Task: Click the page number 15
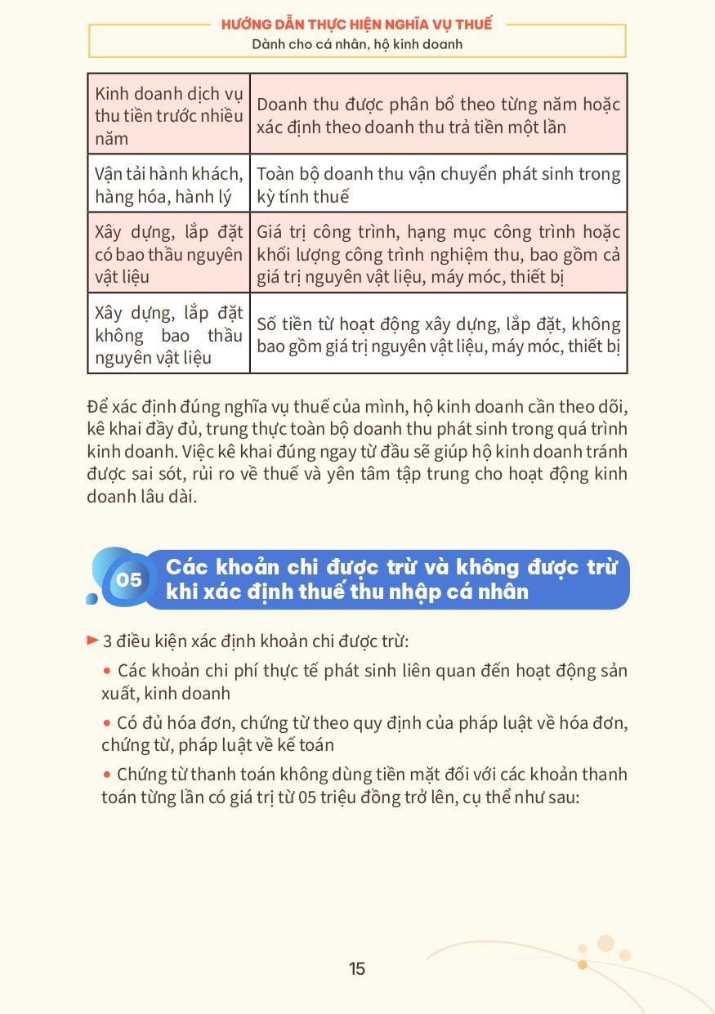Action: [357, 969]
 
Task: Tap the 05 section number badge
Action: [129, 580]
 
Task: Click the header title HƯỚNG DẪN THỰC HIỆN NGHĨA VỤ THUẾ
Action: [356, 25]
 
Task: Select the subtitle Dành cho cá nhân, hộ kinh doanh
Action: [357, 44]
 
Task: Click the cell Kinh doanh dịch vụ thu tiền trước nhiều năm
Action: [168, 116]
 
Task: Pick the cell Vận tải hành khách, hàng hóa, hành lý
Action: [168, 185]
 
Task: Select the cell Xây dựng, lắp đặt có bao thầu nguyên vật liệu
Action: [168, 254]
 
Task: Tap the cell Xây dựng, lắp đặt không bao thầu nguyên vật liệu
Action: [168, 335]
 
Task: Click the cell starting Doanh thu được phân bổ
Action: [438, 116]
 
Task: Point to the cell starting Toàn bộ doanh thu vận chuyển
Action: [438, 185]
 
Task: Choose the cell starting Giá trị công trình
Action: [438, 254]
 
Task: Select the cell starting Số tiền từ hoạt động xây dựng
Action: [438, 335]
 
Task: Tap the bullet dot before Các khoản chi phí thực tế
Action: [107, 671]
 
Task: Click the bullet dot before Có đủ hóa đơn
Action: [107, 723]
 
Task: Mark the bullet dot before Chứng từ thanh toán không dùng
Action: [107, 775]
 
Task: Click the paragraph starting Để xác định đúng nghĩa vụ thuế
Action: [357, 452]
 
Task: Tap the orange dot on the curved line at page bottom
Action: [582, 965]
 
